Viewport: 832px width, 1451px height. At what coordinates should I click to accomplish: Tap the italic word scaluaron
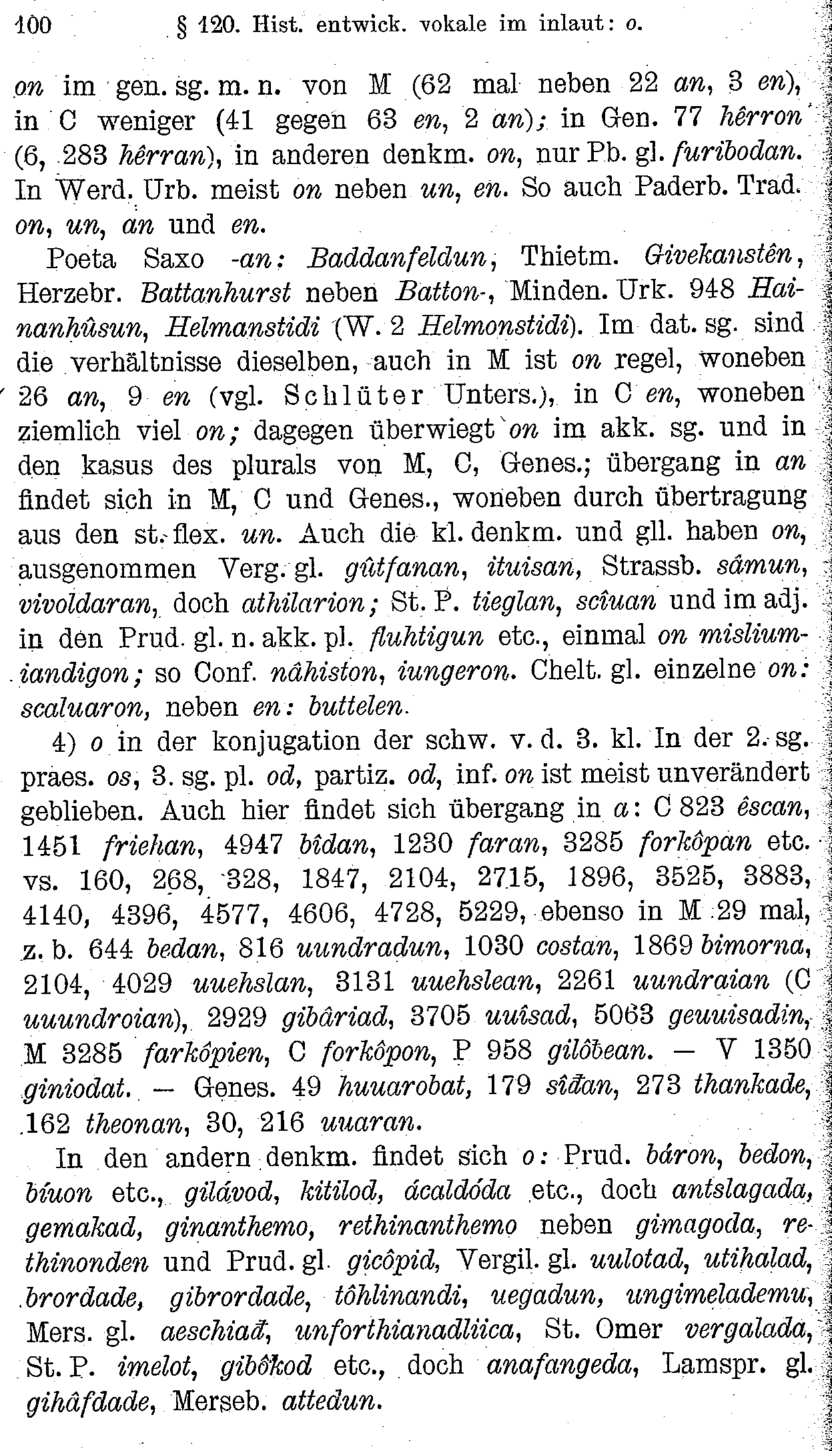click(x=85, y=707)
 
